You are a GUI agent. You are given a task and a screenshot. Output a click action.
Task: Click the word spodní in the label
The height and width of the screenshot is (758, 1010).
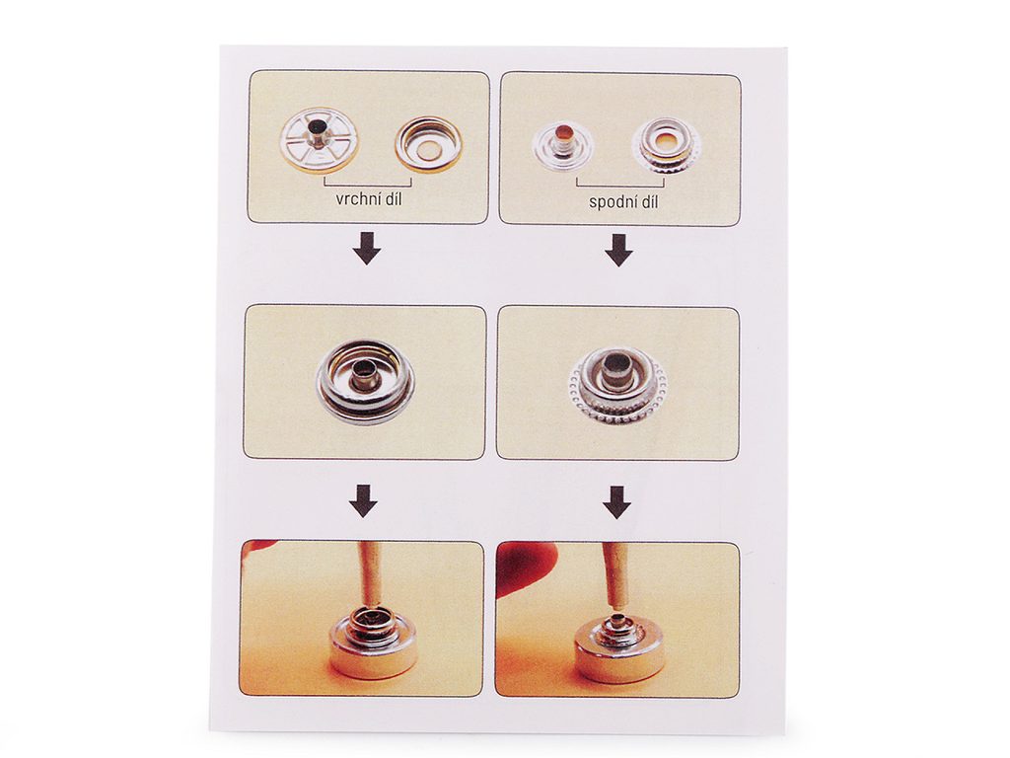(611, 202)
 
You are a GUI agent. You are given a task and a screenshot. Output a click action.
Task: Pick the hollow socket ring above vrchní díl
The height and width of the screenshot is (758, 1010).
(429, 147)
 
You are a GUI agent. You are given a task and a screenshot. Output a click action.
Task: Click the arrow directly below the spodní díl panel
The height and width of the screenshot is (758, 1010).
(618, 251)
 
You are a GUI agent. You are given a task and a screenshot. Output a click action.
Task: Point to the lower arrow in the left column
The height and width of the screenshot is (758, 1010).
(363, 501)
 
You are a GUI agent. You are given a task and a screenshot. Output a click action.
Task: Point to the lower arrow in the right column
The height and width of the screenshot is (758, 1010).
(617, 502)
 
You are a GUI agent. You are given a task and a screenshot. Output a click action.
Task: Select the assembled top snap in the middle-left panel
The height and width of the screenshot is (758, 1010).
(366, 382)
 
